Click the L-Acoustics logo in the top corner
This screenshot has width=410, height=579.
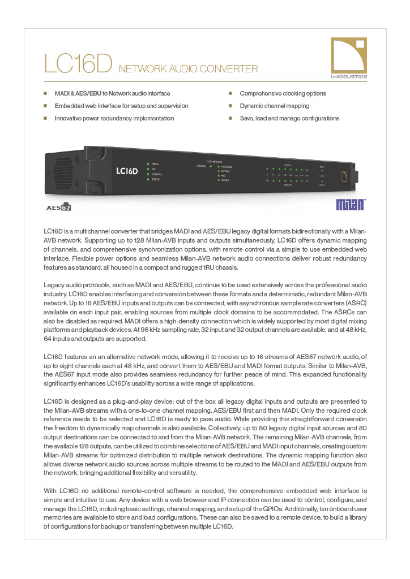[349, 58]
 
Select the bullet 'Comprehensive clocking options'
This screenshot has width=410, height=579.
[283, 93]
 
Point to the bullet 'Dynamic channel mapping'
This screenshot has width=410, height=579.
[274, 106]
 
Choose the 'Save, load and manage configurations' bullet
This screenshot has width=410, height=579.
[289, 118]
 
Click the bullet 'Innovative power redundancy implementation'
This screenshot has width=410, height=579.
[114, 118]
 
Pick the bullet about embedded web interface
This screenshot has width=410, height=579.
[121, 106]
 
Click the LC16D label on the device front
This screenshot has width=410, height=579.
[127, 171]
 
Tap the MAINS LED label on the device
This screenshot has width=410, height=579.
[155, 164]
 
